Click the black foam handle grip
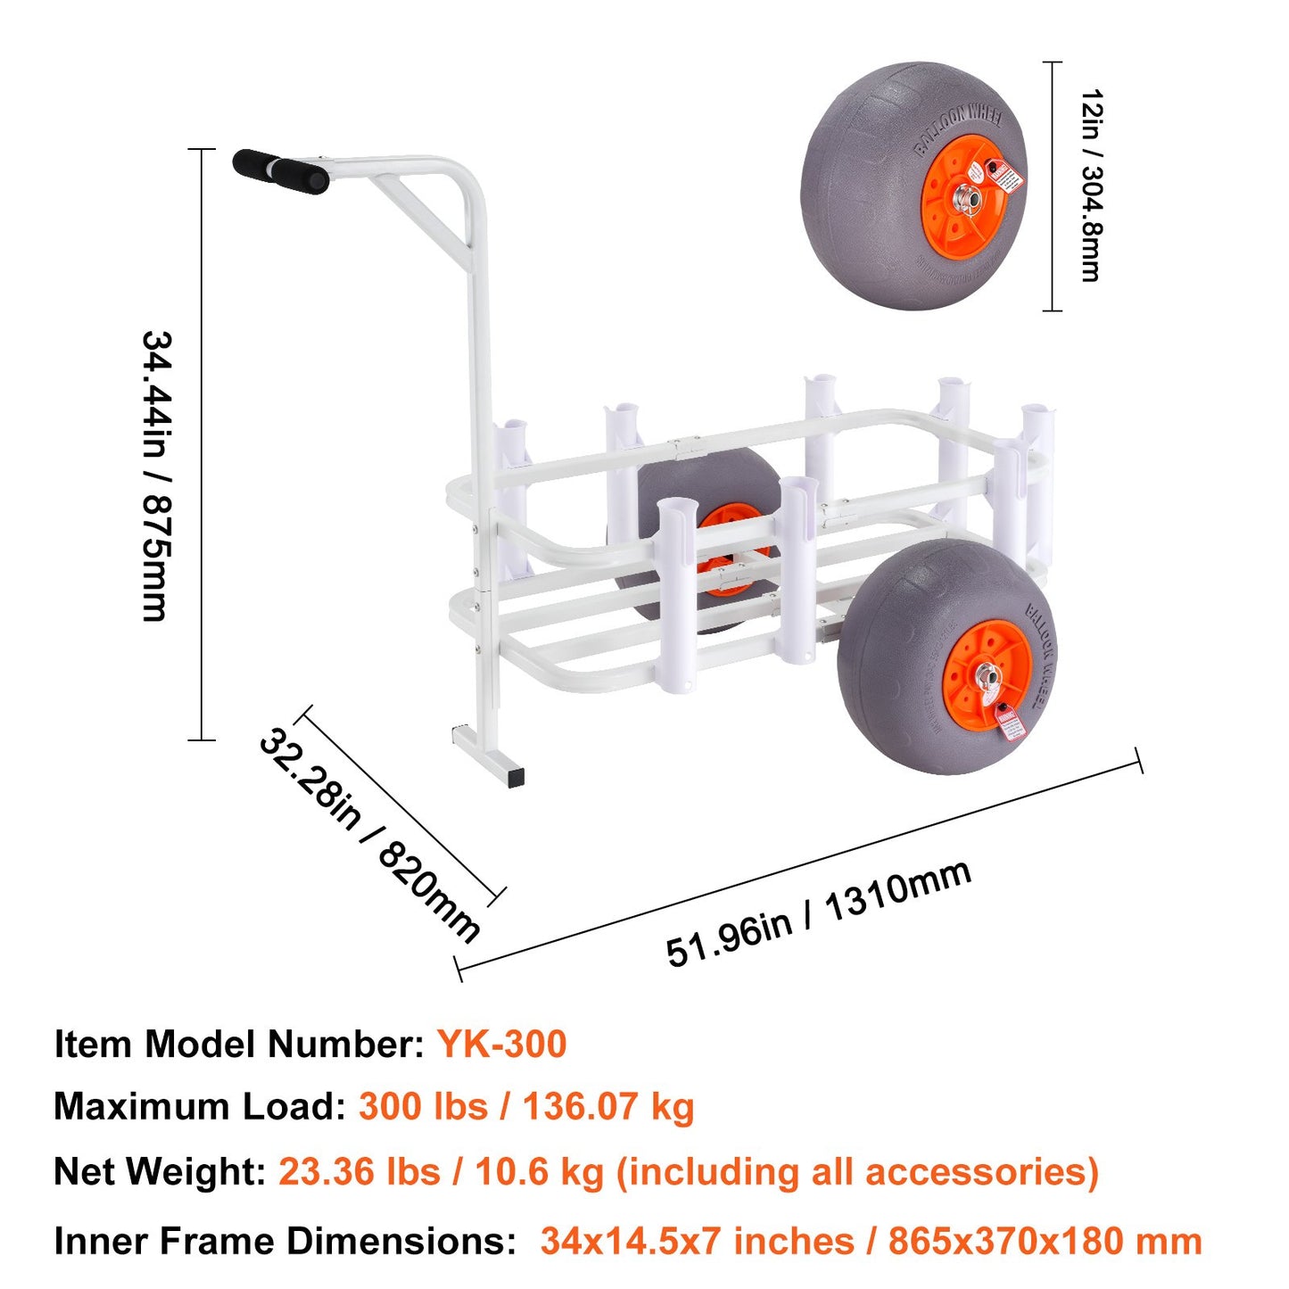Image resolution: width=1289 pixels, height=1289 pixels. pyautogui.click(x=280, y=170)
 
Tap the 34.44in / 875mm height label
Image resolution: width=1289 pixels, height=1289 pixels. pyautogui.click(x=155, y=475)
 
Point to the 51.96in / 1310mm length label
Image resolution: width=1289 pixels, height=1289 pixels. pyautogui.click(x=818, y=913)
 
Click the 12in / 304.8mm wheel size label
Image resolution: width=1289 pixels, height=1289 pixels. pyautogui.click(x=1090, y=186)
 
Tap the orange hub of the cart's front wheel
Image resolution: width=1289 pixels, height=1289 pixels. pyautogui.click(x=986, y=675)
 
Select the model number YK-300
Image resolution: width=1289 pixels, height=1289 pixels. pyautogui.click(x=501, y=1044)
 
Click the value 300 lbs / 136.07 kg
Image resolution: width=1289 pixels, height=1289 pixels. pyautogui.click(x=526, y=1106)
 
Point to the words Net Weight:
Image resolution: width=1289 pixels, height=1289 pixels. pyautogui.click(x=160, y=1171)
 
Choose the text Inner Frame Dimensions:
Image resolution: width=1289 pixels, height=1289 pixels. pyautogui.click(x=285, y=1241)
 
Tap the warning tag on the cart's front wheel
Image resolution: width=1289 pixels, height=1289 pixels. pyautogui.click(x=1010, y=723)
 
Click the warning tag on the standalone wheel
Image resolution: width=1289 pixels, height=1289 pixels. pyautogui.click(x=1005, y=176)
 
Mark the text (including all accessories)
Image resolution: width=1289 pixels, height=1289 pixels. pyautogui.click(x=857, y=1171)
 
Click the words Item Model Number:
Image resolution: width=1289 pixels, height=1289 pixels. pyautogui.click(x=239, y=1044)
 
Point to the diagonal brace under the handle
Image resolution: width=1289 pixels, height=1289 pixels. pyautogui.click(x=421, y=211)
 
